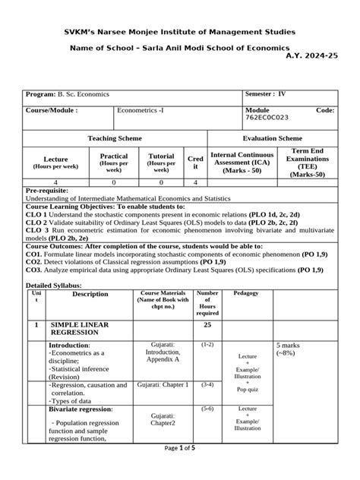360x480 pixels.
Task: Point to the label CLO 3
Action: pos(38,229)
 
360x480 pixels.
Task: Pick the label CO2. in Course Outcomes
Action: pos(36,260)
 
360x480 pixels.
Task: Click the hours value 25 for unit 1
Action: pos(207,325)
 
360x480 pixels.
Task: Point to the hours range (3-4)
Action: pos(207,385)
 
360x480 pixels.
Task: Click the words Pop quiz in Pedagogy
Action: pos(248,389)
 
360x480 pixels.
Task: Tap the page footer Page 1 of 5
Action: pos(180,469)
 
